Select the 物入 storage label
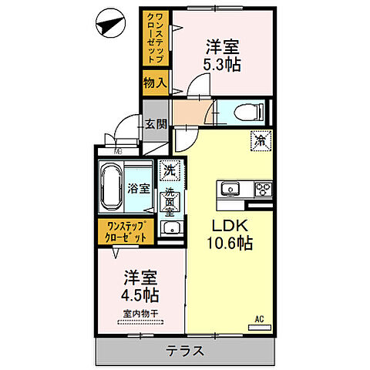[x=155, y=82]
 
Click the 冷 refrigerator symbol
[x=261, y=141]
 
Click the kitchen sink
[x=229, y=189]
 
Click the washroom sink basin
[x=170, y=227]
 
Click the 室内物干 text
[x=140, y=313]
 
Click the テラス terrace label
[x=184, y=351]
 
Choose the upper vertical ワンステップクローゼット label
[x=151, y=39]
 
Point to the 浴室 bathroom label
[x=138, y=188]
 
